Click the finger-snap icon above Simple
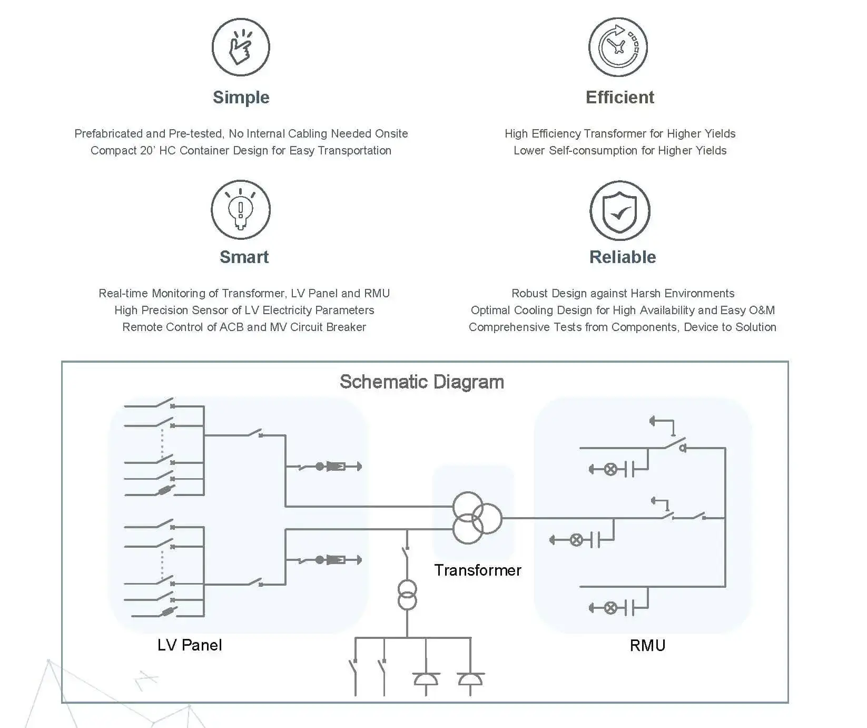[x=241, y=47]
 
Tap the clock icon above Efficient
[x=618, y=47]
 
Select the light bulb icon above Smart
[x=241, y=209]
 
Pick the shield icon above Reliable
[x=620, y=210]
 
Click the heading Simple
[x=241, y=98]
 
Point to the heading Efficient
[x=620, y=97]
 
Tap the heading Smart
[x=244, y=257]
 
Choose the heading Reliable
[x=623, y=257]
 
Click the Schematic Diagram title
[x=422, y=382]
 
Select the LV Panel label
[x=190, y=645]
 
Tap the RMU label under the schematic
[x=647, y=645]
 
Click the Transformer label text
[x=478, y=570]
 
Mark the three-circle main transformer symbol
[x=477, y=518]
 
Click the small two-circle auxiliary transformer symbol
[x=407, y=595]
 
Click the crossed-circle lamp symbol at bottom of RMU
[x=610, y=608]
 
